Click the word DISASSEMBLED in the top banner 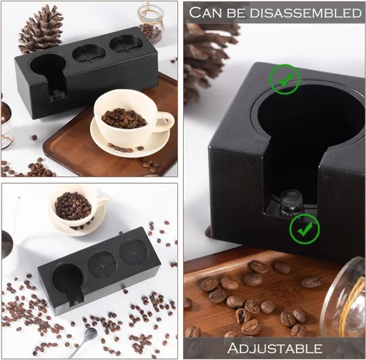(x=306, y=13)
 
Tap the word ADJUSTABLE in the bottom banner (x=274, y=348)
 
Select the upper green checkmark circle (x=285, y=79)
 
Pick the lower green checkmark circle (x=305, y=229)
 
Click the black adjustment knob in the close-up (x=291, y=204)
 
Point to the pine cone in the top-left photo (x=40, y=29)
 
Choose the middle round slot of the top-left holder (x=89, y=54)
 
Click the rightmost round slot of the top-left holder (x=126, y=44)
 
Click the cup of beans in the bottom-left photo (x=74, y=207)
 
